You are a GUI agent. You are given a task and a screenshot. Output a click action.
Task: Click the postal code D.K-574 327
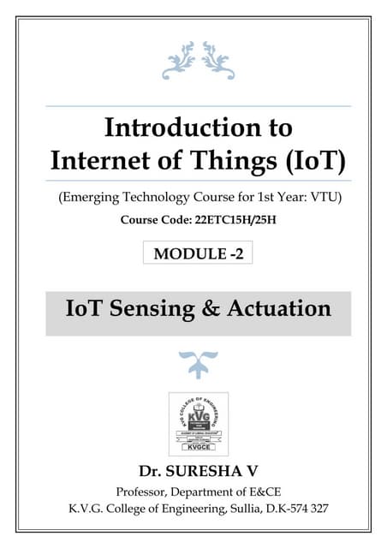[x=295, y=507]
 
